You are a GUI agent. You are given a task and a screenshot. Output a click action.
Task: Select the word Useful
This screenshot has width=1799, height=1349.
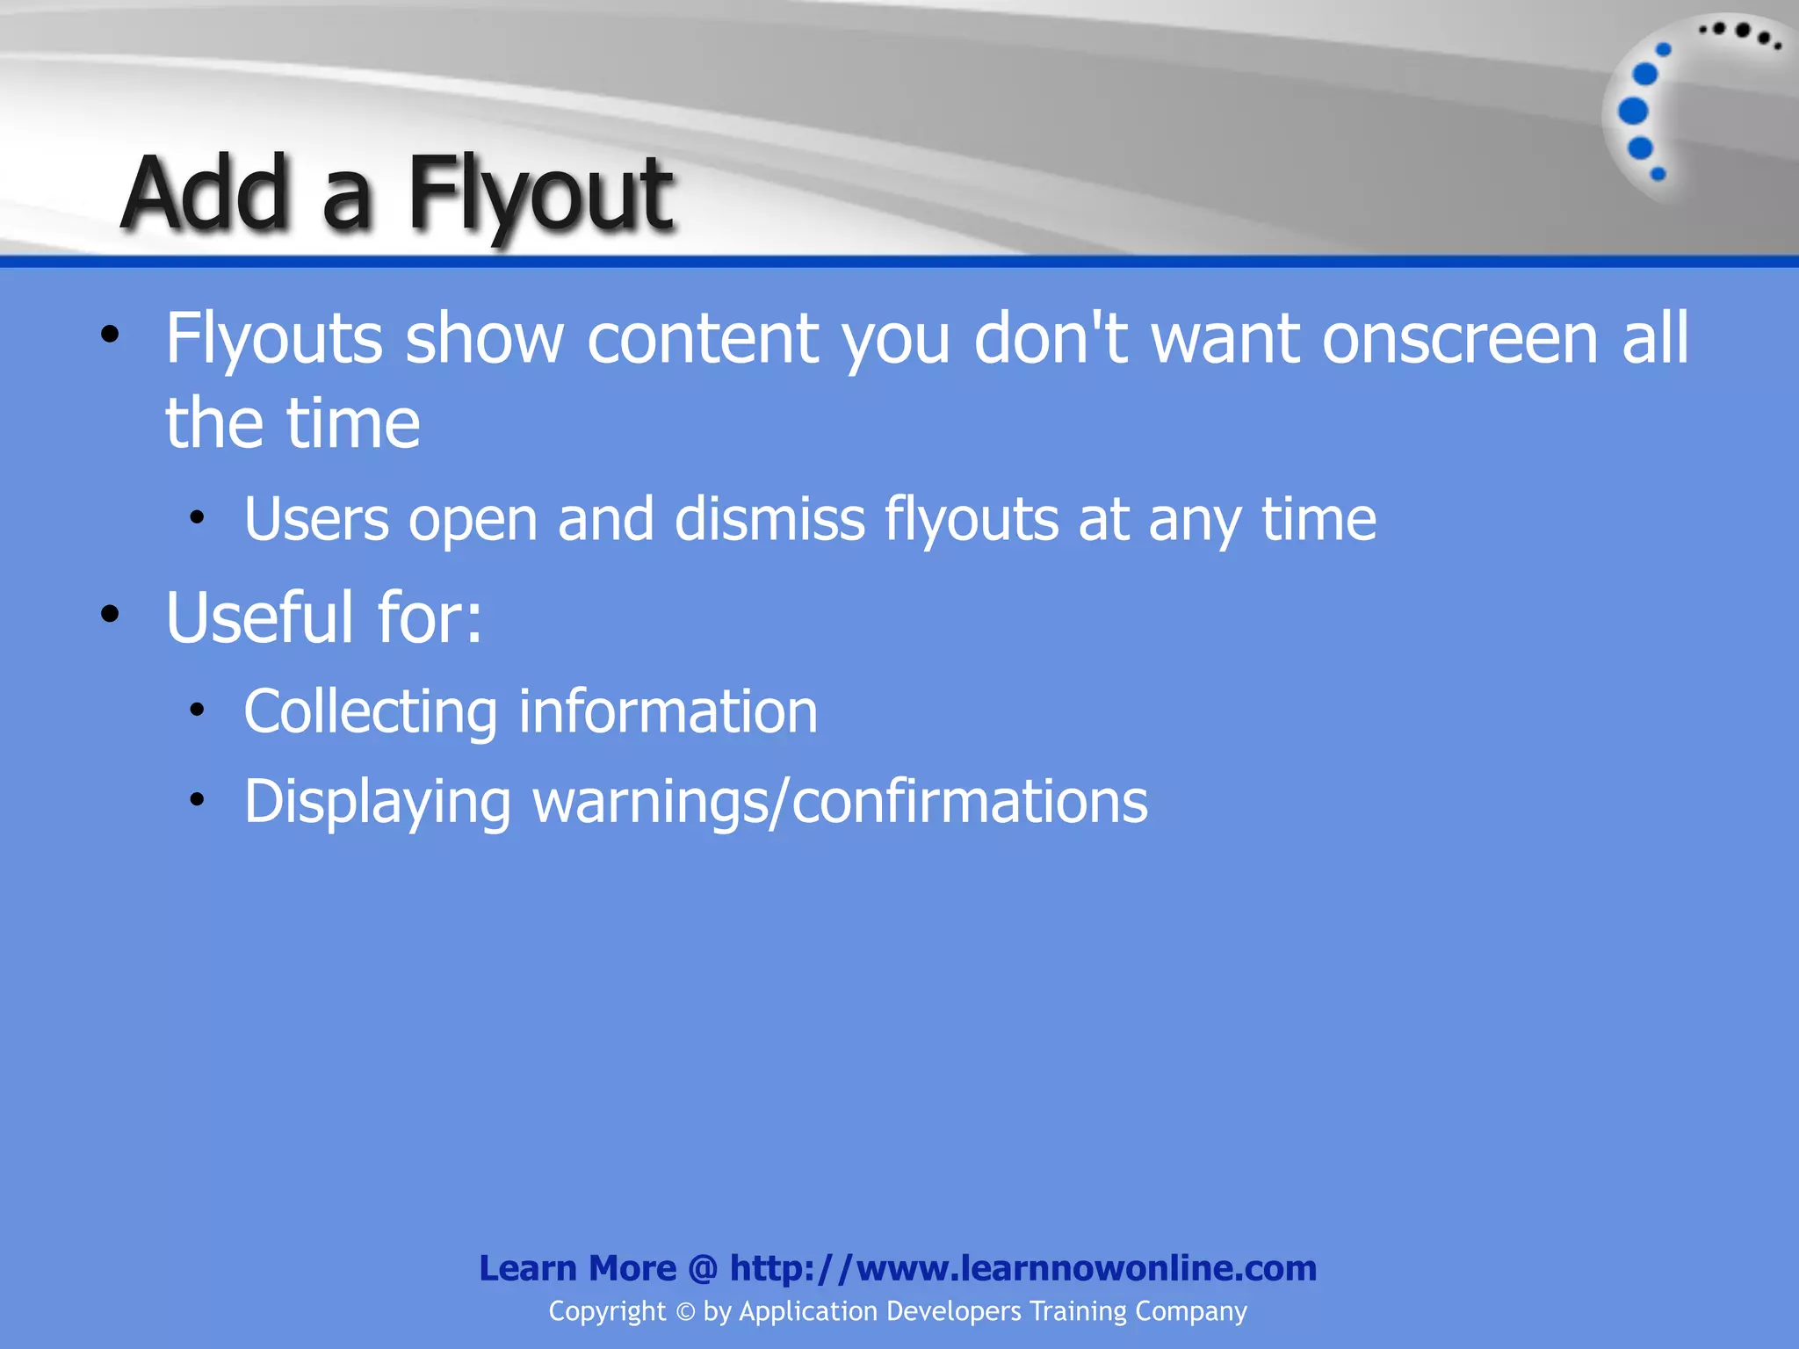coord(260,617)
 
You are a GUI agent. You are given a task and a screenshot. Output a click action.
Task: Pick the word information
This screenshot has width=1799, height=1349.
coord(668,711)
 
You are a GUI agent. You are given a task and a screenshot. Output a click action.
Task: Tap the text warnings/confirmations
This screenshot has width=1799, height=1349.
coord(840,802)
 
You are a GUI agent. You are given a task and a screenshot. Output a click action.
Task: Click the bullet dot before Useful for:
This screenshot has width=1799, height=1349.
coord(109,614)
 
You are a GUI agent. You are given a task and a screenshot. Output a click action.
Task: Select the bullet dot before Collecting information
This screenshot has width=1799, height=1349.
coord(197,708)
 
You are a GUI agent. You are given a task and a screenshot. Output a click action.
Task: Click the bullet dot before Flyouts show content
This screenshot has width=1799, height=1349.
coord(109,335)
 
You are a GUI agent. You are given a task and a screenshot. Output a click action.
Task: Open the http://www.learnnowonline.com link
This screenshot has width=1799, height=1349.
coord(1022,1268)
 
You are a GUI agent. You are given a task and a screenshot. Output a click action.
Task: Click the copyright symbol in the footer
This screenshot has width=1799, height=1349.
coord(685,1311)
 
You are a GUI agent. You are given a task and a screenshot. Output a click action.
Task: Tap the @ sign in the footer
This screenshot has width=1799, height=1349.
coord(703,1268)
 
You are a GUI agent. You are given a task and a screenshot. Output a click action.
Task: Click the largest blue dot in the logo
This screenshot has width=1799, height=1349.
coord(1633,112)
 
